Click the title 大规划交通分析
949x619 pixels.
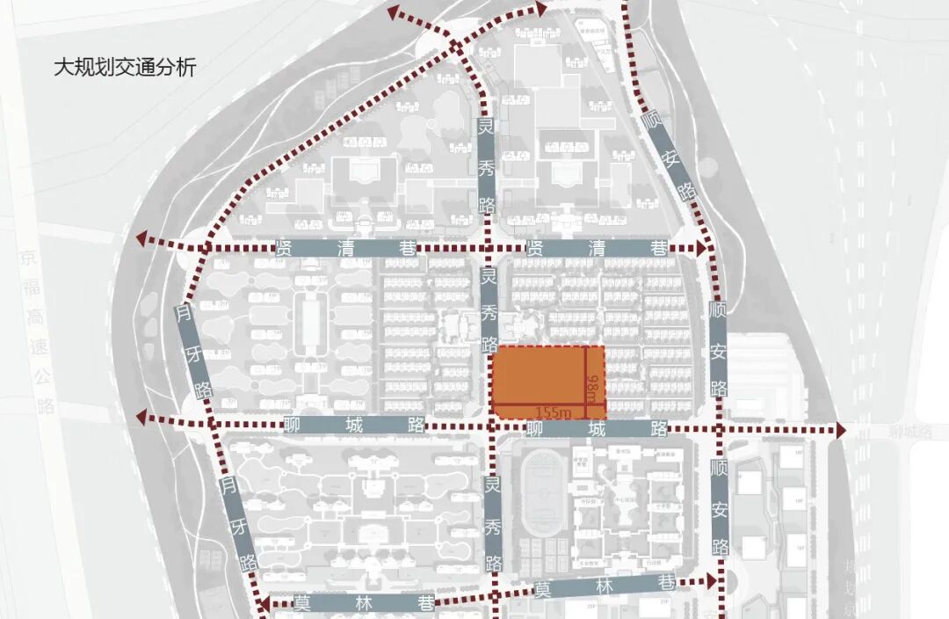[125, 68]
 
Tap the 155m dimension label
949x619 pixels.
[553, 411]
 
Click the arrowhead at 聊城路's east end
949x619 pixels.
[839, 429]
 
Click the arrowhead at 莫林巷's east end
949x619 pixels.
[712, 581]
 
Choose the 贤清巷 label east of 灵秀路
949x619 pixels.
[597, 249]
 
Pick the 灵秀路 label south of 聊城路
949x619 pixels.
[493, 526]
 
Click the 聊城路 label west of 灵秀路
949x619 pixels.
[351, 426]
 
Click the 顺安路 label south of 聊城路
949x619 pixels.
[720, 507]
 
